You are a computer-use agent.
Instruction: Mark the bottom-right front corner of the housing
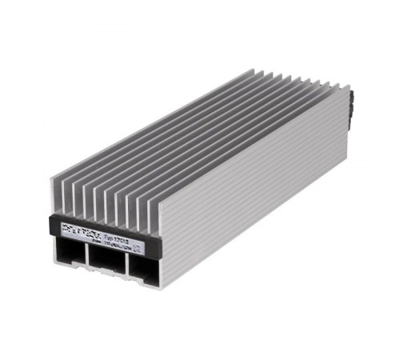[160, 288]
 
